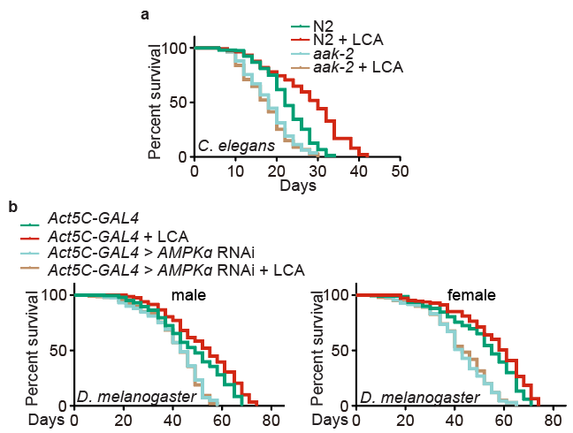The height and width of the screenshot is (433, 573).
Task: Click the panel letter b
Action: pos(11,207)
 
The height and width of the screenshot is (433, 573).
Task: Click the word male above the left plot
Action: pos(189,294)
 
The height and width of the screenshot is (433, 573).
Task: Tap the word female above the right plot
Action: pos(471,294)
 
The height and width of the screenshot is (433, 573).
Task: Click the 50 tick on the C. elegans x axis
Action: pos(400,171)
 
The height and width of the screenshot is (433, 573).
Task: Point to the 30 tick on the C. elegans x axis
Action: pos(317,171)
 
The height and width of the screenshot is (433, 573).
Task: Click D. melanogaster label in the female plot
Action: pos(408,395)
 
